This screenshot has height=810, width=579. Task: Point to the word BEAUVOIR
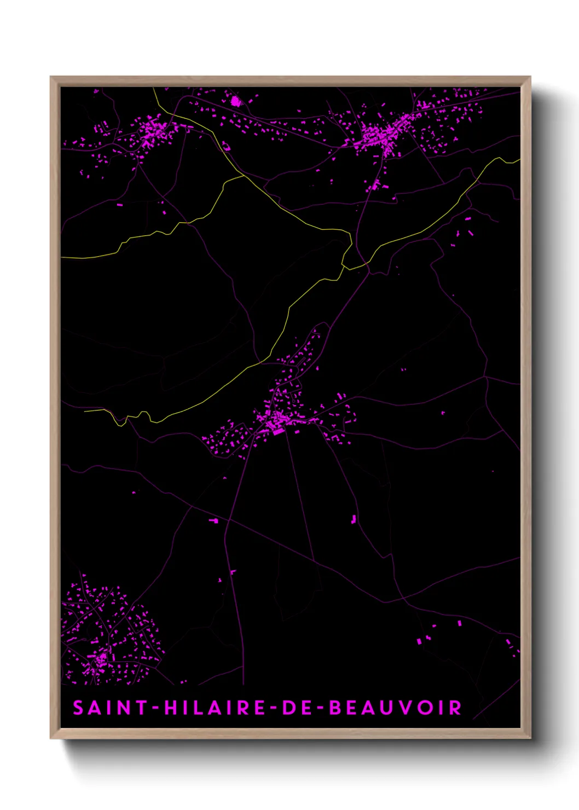tap(395, 708)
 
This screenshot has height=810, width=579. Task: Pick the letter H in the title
tap(170, 708)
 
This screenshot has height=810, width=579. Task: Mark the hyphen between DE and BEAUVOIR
tap(320, 708)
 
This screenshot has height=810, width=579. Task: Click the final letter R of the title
tap(455, 708)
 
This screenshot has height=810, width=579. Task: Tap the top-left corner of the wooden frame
tap(51, 78)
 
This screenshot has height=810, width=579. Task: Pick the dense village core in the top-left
tap(153, 131)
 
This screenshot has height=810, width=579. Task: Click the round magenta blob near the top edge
tap(236, 101)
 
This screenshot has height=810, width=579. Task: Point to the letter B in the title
tap(334, 708)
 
